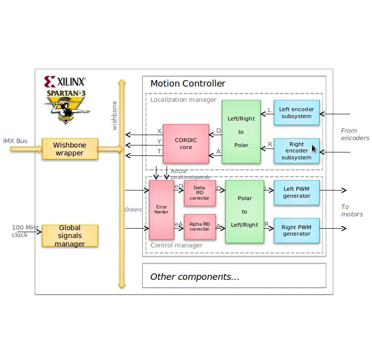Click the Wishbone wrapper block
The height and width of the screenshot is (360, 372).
coord(70,149)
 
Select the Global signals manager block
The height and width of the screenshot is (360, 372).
coord(70,236)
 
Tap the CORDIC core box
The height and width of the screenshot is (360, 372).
coord(186,144)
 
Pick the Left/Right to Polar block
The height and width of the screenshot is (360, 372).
coord(241,131)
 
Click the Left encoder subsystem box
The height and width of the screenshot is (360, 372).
coord(296,113)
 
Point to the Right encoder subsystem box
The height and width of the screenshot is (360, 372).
coord(296,150)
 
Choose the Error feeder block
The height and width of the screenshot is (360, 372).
coord(161,210)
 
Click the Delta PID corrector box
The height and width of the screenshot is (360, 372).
coord(200,193)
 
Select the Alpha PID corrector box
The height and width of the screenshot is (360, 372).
coord(200,227)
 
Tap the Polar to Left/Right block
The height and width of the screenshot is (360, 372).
coord(244,211)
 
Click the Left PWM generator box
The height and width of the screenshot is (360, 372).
coord(296,192)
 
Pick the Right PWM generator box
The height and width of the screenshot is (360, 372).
coord(296,231)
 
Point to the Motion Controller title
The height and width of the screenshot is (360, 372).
coord(188,84)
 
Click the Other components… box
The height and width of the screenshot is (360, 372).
coord(234,276)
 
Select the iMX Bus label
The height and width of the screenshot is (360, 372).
coord(15,141)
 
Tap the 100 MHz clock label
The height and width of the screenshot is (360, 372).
coord(25,231)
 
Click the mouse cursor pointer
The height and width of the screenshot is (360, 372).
coord(314,149)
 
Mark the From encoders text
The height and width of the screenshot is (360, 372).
coord(355,134)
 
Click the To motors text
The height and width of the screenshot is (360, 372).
coord(352,210)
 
